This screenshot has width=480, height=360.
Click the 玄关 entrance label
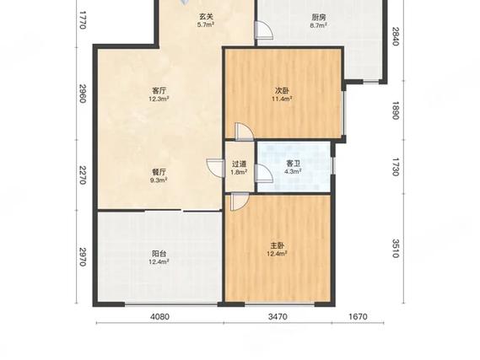(x=205, y=17)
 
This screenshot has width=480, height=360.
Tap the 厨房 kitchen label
(x=318, y=17)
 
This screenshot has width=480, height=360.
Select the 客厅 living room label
(x=159, y=91)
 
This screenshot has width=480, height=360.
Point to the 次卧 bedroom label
(x=281, y=91)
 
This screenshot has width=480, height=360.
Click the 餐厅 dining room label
(x=159, y=172)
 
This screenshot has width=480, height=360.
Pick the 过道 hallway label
(x=239, y=164)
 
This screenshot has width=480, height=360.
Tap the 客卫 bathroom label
(x=293, y=164)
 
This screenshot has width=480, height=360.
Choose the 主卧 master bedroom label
(x=277, y=245)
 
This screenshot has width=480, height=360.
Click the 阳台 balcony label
(x=159, y=254)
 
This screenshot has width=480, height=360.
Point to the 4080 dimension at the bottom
(x=159, y=316)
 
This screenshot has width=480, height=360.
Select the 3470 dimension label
(x=278, y=316)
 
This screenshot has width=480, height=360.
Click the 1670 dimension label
(x=358, y=316)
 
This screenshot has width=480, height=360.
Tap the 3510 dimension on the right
(x=396, y=249)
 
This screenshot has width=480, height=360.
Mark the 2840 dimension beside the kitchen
(x=396, y=36)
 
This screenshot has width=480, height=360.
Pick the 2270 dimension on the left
(x=83, y=175)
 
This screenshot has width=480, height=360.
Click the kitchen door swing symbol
(x=264, y=30)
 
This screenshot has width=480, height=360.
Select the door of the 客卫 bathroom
(x=264, y=174)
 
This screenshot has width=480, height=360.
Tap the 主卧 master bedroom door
(x=240, y=201)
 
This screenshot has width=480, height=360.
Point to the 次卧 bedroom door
(x=245, y=132)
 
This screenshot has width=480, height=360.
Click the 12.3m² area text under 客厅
(x=159, y=99)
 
